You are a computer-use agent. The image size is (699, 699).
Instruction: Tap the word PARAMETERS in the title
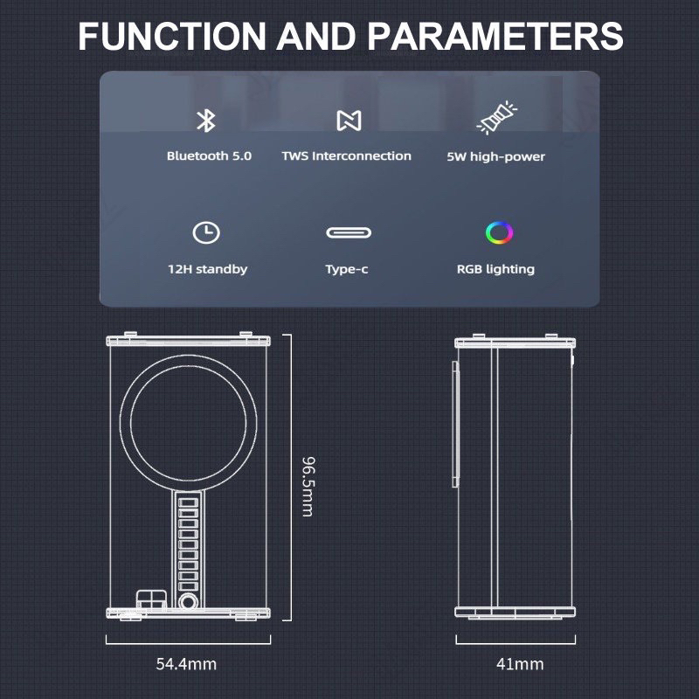point(495,37)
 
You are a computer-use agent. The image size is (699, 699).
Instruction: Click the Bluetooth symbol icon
point(206,121)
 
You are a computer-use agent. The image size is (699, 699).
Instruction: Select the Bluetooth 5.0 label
point(209,156)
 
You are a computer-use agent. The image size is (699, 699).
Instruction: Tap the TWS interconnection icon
point(348,121)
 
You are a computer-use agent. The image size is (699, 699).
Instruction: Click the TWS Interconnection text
point(346,156)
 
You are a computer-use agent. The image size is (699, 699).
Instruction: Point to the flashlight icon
point(495,119)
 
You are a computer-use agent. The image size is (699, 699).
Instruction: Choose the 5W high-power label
point(495,156)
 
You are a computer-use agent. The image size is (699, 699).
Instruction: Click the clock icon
point(206,232)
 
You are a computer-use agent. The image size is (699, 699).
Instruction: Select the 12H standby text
point(207,269)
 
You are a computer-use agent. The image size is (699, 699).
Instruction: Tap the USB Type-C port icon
point(347,232)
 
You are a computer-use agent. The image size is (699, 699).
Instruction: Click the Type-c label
point(347,269)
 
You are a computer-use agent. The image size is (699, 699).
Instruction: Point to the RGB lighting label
point(495,269)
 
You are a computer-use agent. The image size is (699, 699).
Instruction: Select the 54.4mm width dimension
point(186,664)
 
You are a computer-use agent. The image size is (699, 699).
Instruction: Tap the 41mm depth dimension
point(520,664)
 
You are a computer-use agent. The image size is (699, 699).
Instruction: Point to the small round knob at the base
point(187,602)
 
